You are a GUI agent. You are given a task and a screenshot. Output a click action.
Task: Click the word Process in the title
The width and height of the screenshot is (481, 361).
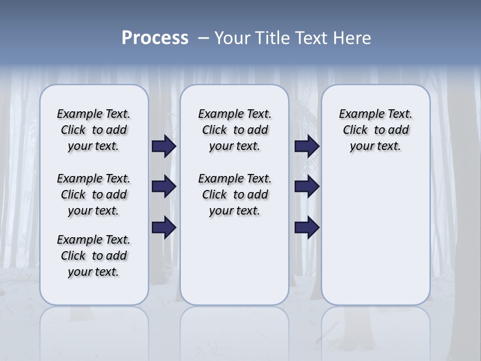click(x=155, y=38)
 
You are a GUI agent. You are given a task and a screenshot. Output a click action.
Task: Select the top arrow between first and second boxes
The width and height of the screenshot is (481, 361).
click(x=164, y=146)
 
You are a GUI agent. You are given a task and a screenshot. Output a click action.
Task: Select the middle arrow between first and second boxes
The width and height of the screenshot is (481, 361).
click(x=164, y=187)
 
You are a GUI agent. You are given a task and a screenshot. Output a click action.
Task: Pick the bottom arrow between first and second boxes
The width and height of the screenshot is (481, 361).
click(x=164, y=228)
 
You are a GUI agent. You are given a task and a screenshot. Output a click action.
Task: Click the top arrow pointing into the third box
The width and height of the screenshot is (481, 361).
click(x=307, y=146)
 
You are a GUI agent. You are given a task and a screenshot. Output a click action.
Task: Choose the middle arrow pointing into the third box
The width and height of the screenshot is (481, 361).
click(x=307, y=187)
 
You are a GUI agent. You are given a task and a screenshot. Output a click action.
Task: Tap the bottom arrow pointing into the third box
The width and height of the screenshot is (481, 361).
click(x=307, y=228)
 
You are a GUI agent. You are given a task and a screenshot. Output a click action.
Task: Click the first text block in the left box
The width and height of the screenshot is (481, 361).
click(x=94, y=130)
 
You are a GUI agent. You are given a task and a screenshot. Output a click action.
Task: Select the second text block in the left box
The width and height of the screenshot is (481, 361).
click(x=94, y=195)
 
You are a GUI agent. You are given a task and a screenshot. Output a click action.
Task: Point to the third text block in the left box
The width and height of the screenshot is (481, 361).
click(x=94, y=256)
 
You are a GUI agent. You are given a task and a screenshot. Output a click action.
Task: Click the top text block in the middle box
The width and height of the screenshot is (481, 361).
click(x=234, y=130)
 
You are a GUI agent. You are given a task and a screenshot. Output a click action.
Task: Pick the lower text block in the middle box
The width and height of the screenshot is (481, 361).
click(x=234, y=195)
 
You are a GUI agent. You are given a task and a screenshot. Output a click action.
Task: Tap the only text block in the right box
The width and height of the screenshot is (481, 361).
click(x=376, y=130)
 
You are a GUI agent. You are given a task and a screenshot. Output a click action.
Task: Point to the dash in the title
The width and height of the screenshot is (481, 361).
click(x=203, y=39)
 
